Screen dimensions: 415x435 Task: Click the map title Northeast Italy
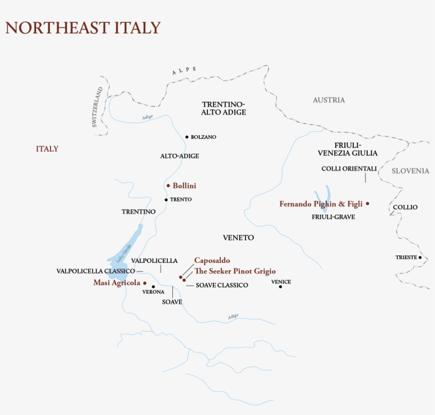point(83,28)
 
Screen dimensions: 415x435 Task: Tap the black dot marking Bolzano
point(187,137)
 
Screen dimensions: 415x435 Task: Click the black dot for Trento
point(166,200)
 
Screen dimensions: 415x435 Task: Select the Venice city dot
point(281,287)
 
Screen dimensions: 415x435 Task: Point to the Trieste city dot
point(420,258)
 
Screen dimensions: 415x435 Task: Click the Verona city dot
point(153,286)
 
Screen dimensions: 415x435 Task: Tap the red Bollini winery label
point(184,186)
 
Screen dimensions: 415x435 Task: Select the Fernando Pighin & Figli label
point(320,204)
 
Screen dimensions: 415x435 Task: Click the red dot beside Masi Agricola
point(145,283)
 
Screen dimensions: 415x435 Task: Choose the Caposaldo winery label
point(212,260)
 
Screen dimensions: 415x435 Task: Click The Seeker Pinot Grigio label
point(235,271)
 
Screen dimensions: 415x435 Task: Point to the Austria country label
point(328,100)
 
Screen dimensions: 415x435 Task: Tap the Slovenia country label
point(410,171)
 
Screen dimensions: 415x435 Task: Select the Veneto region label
point(239,238)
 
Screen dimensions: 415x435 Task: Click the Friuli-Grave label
point(333,217)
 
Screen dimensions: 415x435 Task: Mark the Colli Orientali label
point(349,169)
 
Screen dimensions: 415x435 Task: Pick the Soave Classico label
point(222,285)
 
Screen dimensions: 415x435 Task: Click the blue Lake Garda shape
point(127,244)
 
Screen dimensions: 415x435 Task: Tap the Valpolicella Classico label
point(95,271)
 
